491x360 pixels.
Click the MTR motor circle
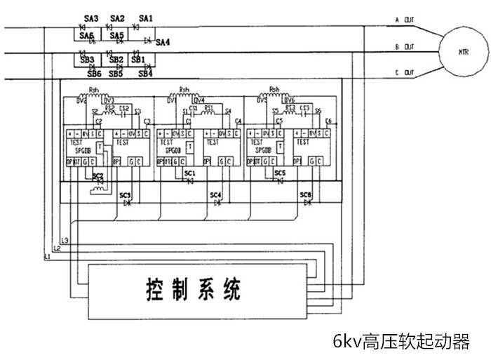click(463, 51)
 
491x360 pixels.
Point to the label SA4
click(163, 42)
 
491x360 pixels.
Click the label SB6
click(94, 73)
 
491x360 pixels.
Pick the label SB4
click(145, 73)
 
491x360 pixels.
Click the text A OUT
click(405, 20)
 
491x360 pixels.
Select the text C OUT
click(405, 73)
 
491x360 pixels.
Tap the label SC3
click(125, 194)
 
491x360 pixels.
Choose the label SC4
click(216, 194)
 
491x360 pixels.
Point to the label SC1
click(189, 172)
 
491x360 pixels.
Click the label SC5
click(280, 172)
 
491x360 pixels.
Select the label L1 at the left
click(48, 258)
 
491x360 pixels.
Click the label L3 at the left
click(65, 241)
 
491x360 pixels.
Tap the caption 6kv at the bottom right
click(401, 342)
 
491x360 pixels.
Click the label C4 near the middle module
click(238, 121)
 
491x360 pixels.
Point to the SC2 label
click(98, 175)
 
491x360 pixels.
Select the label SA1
click(145, 18)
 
